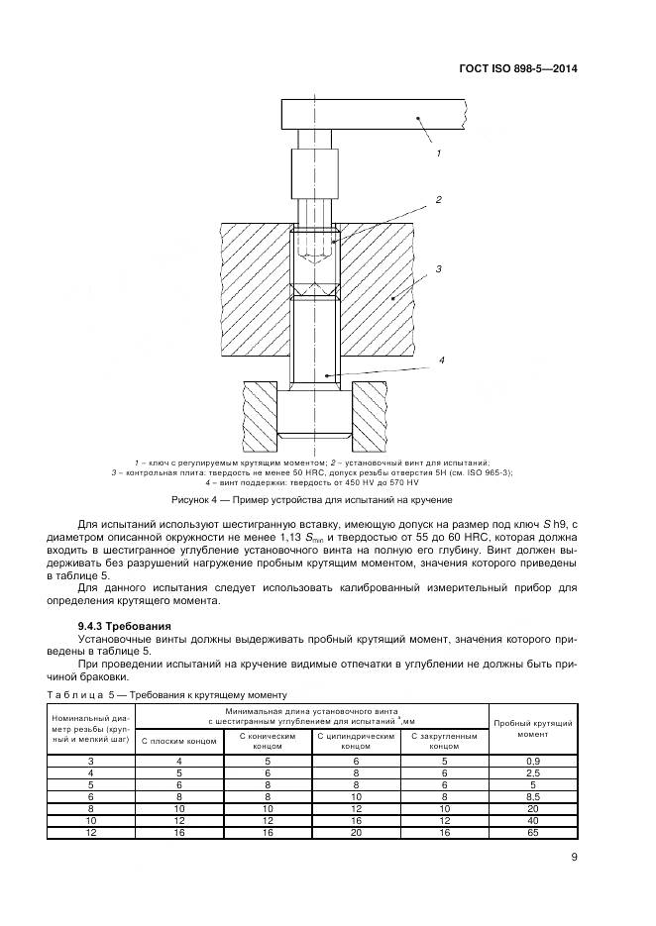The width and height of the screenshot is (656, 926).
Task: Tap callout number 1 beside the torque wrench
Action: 437,154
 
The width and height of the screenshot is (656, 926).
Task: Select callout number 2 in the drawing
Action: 437,199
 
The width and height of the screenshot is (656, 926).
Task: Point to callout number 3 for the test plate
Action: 437,268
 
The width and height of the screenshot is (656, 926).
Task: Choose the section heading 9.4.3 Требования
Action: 125,626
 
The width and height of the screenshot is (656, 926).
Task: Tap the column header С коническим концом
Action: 268,739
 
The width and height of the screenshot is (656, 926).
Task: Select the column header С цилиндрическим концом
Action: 355,739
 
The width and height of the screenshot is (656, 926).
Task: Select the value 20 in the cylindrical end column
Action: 355,832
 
